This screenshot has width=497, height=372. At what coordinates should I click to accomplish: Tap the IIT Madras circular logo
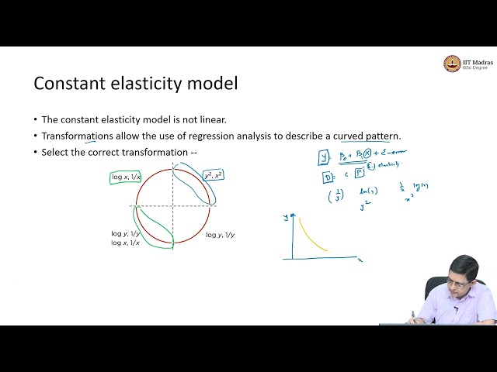[x=451, y=64]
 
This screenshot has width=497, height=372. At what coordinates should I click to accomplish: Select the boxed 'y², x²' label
[x=212, y=175]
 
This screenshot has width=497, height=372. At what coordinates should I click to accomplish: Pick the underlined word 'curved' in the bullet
[x=353, y=136]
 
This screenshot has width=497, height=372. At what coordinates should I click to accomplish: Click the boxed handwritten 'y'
[x=324, y=157]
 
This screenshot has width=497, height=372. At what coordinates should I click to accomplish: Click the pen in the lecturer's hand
[x=413, y=315]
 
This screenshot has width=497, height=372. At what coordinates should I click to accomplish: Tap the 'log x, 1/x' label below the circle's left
[x=125, y=243]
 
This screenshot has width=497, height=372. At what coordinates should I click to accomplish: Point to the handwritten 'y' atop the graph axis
[x=286, y=218]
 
